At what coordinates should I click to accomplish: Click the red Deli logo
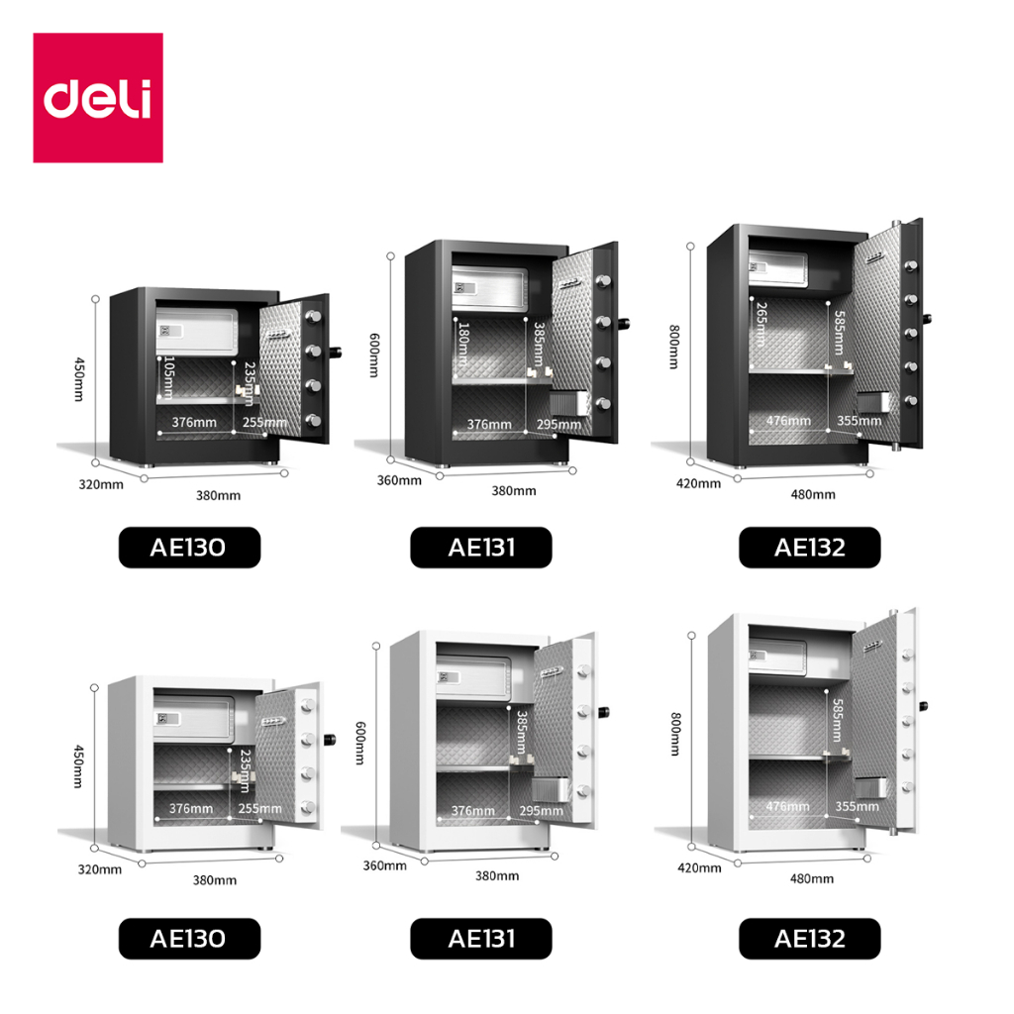[97, 97]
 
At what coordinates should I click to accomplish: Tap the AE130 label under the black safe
[189, 548]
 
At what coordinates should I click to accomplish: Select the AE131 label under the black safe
[481, 548]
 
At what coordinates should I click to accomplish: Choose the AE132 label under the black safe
[809, 548]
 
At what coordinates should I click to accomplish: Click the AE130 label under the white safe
[189, 938]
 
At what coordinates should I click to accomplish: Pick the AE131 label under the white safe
[481, 938]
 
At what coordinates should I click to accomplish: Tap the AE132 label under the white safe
[809, 938]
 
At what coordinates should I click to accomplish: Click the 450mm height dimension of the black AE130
[78, 380]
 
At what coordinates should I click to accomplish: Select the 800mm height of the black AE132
[673, 348]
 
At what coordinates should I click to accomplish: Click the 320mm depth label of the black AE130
[103, 484]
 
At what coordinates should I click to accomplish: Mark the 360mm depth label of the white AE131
[385, 865]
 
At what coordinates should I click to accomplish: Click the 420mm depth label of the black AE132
[699, 483]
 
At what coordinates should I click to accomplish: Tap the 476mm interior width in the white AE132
[787, 806]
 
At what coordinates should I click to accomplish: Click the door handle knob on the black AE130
[339, 352]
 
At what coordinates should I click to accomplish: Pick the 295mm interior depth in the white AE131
[536, 811]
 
